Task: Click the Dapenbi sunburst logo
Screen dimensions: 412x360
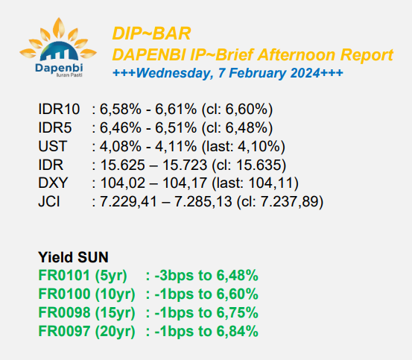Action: click(58, 47)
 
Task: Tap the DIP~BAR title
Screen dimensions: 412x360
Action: click(151, 34)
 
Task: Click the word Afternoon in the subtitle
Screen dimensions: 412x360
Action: click(296, 55)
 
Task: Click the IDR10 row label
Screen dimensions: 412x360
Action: click(59, 109)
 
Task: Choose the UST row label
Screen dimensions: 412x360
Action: click(53, 146)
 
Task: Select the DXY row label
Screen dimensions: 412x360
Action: click(53, 183)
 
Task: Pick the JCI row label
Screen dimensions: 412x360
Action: click(49, 202)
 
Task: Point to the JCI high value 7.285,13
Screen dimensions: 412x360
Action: click(203, 202)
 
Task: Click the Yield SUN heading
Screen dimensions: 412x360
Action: click(73, 257)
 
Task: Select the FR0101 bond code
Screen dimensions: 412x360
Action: click(64, 275)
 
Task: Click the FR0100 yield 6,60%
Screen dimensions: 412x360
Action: click(237, 294)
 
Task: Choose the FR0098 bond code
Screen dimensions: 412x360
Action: click(64, 312)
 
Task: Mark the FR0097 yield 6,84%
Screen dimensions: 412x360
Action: click(237, 331)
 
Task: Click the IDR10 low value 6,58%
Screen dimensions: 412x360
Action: click(121, 109)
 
